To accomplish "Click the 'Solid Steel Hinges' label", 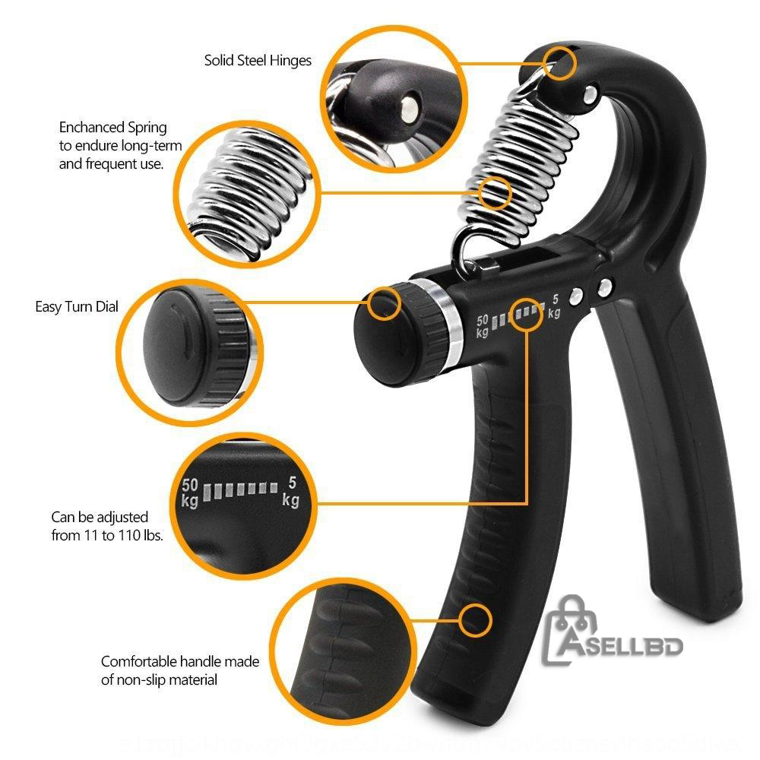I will [x=258, y=61].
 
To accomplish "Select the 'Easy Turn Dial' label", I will [x=77, y=307].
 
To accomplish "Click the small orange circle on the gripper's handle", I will [x=477, y=621].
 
